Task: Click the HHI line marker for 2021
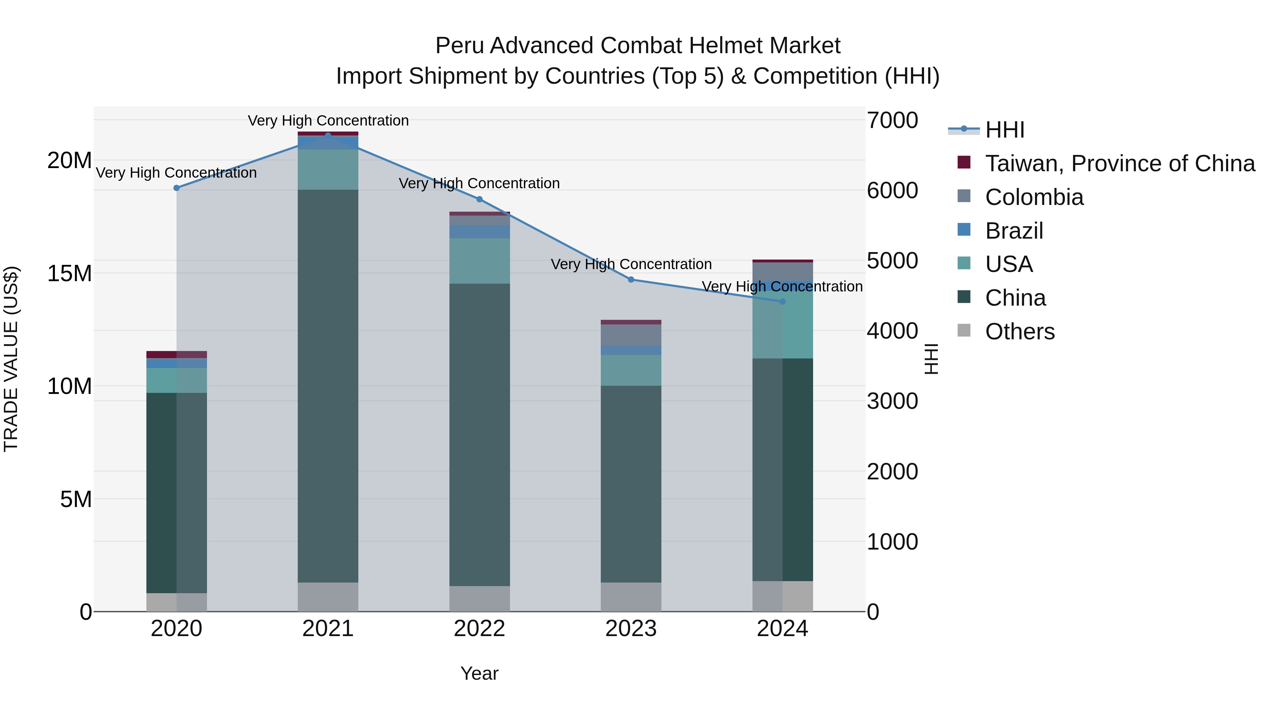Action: (328, 135)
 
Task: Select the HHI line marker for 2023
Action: (631, 279)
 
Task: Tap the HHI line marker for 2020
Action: (177, 188)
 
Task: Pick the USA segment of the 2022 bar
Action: (480, 261)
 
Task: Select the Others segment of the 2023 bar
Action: (631, 597)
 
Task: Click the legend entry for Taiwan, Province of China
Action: (1119, 163)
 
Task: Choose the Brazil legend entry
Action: (1014, 231)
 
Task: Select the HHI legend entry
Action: (1004, 130)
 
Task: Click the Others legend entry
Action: (1019, 332)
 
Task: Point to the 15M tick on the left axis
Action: (69, 273)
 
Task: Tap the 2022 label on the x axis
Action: (480, 629)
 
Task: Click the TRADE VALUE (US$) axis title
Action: (11, 359)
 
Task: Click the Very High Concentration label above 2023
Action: (631, 264)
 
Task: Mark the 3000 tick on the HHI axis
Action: (892, 401)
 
